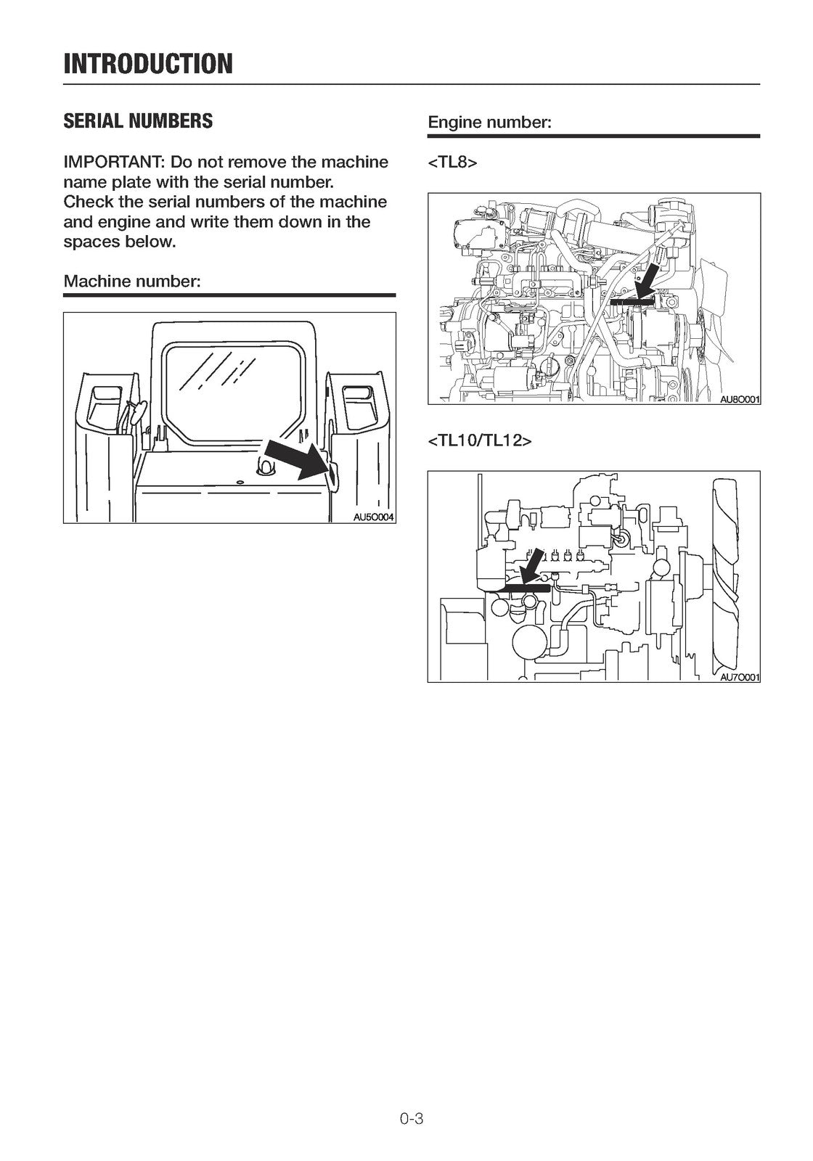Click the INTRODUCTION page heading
[x=148, y=64]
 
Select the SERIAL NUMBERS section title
[x=138, y=121]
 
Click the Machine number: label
[x=131, y=281]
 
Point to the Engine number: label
[x=490, y=123]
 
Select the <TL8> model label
[x=452, y=163]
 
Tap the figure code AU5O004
[x=373, y=517]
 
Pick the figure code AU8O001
[x=739, y=399]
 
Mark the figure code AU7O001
[x=739, y=677]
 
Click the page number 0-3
[x=411, y=1118]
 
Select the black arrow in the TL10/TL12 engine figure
[x=532, y=565]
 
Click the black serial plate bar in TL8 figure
[x=631, y=298]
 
